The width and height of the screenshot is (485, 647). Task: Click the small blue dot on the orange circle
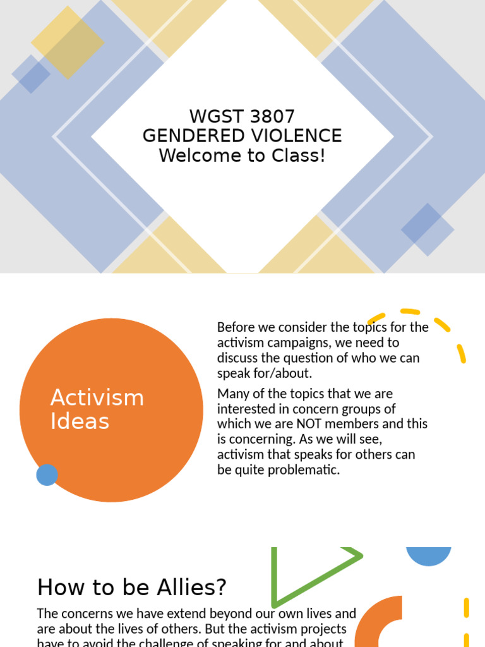click(47, 475)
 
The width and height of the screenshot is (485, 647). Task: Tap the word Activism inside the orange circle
click(97, 398)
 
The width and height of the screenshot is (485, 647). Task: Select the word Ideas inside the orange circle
click(80, 421)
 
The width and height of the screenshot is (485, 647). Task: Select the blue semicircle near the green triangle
click(428, 556)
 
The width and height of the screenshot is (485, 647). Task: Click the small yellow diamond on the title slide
click(68, 42)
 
